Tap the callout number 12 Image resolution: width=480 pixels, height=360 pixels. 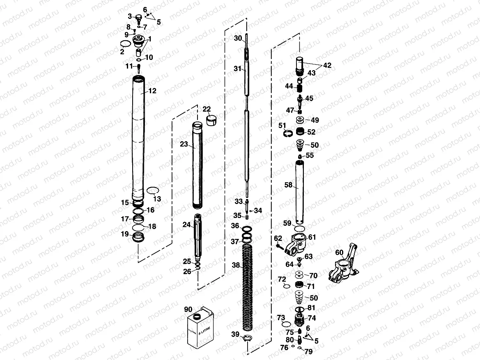tap(152, 91)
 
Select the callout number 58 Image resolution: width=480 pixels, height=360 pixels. tap(288, 185)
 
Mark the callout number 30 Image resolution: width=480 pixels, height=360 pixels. tap(238, 38)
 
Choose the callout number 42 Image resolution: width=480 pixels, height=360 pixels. tap(327, 65)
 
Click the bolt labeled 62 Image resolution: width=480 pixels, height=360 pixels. tap(279, 247)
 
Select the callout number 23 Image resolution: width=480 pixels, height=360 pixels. tap(184, 144)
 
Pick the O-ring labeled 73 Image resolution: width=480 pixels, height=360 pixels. tap(286, 325)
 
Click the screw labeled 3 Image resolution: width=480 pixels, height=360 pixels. tap(138, 18)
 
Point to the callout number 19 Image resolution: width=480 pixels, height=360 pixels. tap(124, 234)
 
